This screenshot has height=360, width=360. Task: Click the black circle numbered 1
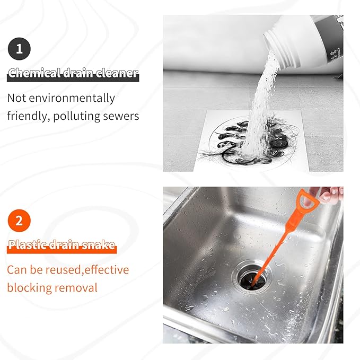click(x=19, y=49)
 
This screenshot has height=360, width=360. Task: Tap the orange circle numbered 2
click(x=19, y=221)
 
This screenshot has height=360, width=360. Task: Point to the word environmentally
click(x=72, y=99)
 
